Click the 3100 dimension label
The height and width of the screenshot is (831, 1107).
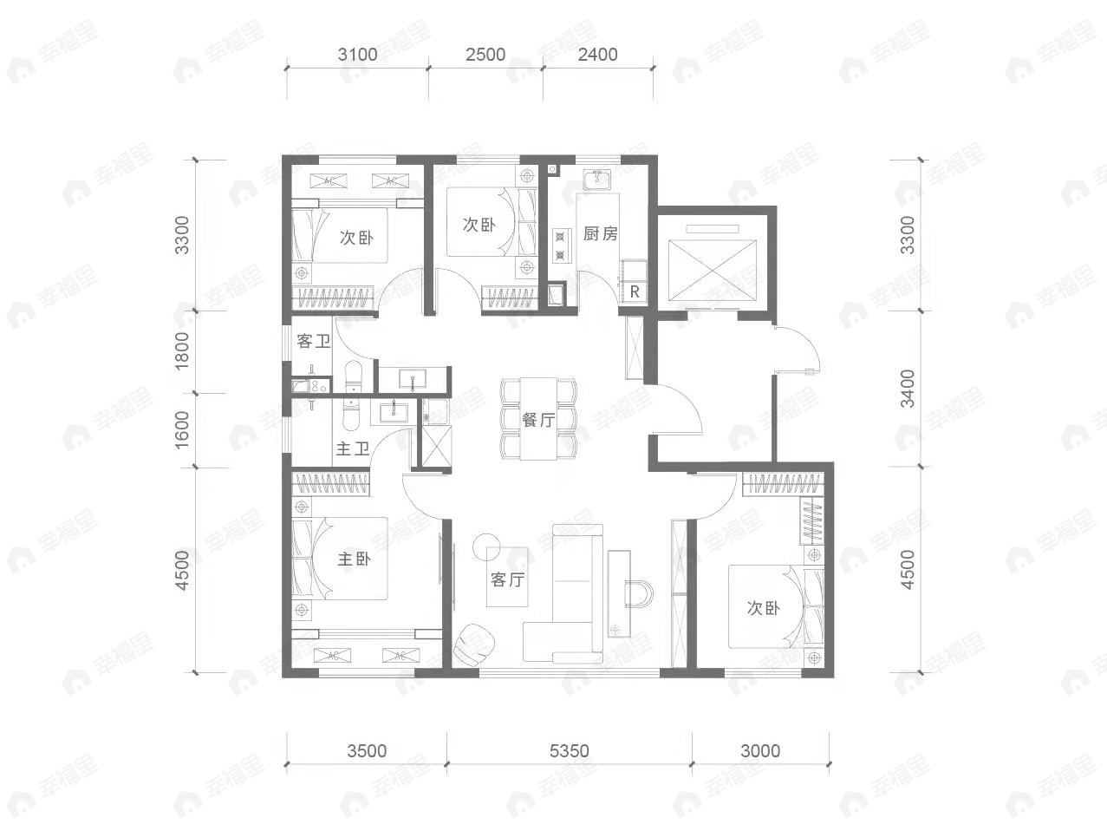(x=357, y=55)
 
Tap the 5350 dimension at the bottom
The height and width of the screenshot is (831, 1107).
(x=570, y=751)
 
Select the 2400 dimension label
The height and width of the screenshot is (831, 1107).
(x=597, y=55)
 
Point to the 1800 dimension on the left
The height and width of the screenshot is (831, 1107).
(x=181, y=350)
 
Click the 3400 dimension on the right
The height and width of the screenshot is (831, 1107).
(x=908, y=389)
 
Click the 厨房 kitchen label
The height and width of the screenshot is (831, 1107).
(x=600, y=233)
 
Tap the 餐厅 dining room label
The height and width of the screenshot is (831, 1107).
(x=538, y=419)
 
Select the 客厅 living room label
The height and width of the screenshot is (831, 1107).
(x=507, y=579)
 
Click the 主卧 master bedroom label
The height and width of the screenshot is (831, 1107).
(x=354, y=559)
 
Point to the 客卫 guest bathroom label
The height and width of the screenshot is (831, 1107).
(x=313, y=342)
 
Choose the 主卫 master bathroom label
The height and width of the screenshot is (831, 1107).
(x=353, y=448)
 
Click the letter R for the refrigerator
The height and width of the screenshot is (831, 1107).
(x=635, y=291)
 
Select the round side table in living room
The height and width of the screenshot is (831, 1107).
(x=486, y=547)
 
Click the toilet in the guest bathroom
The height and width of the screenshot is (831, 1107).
(x=353, y=376)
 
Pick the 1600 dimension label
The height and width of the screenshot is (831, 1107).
(x=181, y=430)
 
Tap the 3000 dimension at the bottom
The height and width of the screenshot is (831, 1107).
(x=760, y=751)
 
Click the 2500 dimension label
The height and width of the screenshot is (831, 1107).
(x=485, y=55)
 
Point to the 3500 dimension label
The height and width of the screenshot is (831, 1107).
(x=367, y=751)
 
